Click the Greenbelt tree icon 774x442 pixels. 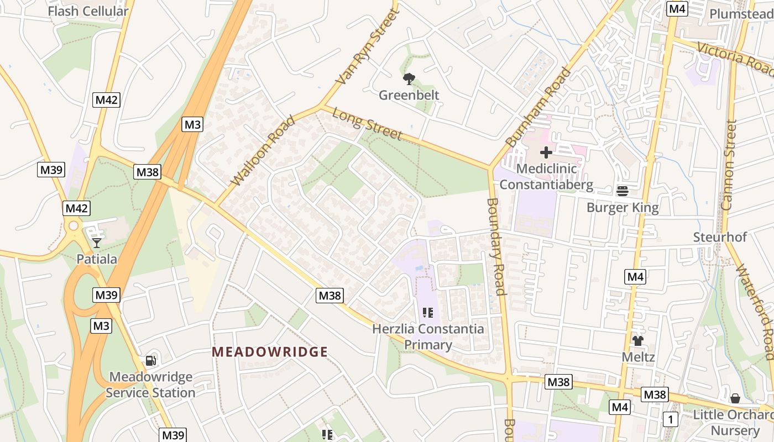[x=409, y=79]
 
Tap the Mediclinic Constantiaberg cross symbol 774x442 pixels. [x=546, y=152]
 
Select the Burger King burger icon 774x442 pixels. [x=623, y=191]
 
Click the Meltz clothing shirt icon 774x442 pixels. [x=638, y=340]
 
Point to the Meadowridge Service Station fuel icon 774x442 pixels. [x=150, y=361]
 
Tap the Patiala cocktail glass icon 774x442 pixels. [x=97, y=243]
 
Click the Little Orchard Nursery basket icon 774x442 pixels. [x=735, y=398]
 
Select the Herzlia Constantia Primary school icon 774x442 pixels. [x=427, y=313]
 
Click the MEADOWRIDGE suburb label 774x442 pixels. [x=270, y=352]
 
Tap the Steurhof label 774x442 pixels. [x=720, y=237]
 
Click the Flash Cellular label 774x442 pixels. [x=88, y=11]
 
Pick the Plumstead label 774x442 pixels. [x=741, y=14]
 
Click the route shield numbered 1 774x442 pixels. [x=671, y=419]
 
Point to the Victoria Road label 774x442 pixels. [x=735, y=58]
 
